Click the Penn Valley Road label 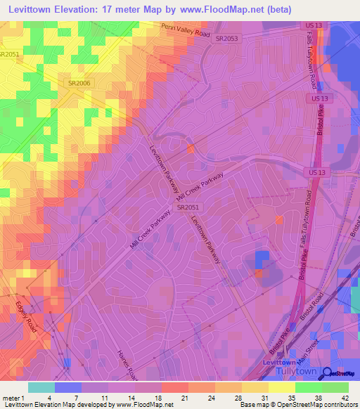point(186,30)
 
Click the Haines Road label point(126,361)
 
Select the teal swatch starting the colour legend point(41,387)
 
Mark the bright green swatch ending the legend point(335,387)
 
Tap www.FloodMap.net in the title point(212,9)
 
